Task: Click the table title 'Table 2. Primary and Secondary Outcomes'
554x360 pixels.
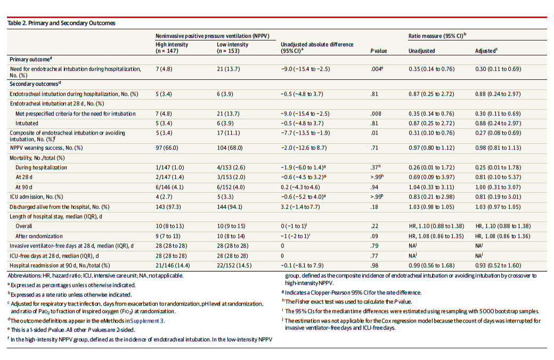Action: pos(61,23)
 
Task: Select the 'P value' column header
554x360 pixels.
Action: pos(378,51)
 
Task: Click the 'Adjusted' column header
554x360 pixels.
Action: pos(486,51)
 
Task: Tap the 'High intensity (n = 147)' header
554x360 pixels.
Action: pos(172,48)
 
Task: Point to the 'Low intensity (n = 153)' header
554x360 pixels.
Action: pos(232,48)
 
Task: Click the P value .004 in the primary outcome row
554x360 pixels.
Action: pos(377,69)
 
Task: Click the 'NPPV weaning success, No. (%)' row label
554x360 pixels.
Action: pos(46,148)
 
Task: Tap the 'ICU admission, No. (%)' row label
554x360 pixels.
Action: pos(36,197)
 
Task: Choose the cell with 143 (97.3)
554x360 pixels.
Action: pos(168,207)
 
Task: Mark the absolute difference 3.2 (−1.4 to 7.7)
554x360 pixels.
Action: pos(300,207)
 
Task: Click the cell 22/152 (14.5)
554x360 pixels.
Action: pos(234,265)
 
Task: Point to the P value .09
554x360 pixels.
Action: pos(374,236)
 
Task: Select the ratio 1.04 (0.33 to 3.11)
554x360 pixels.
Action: pos(431,187)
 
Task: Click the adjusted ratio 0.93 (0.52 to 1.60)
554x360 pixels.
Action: pos(498,265)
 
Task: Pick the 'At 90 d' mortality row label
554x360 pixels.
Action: pos(23,187)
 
